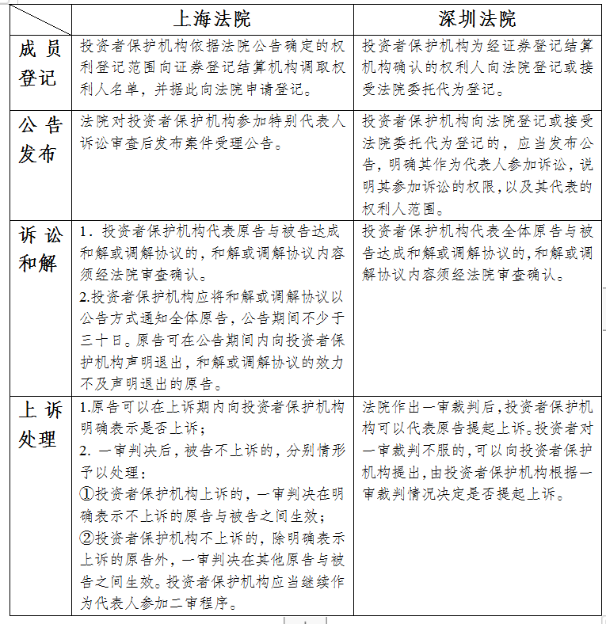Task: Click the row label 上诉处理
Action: [39, 424]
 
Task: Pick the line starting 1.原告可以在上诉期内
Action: [212, 408]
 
